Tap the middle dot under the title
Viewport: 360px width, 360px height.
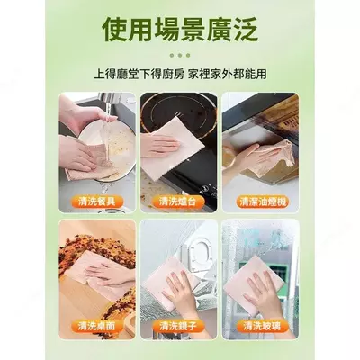[180, 56]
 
